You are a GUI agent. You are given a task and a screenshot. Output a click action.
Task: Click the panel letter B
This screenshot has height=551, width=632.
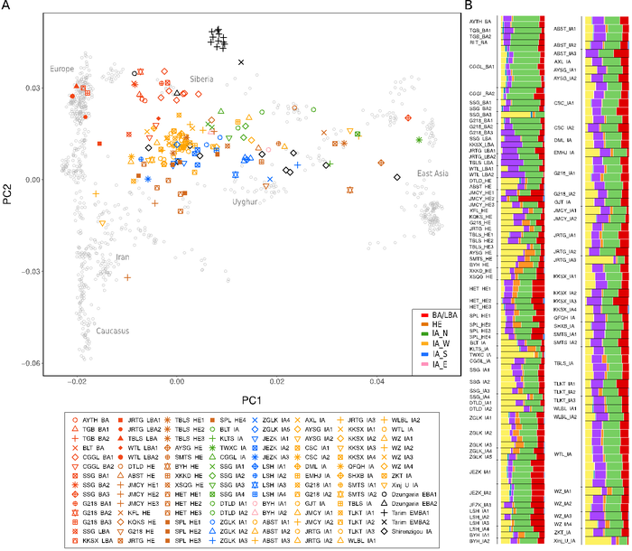tap(469, 7)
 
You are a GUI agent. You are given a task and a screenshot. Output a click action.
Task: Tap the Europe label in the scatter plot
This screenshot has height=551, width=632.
tap(62, 70)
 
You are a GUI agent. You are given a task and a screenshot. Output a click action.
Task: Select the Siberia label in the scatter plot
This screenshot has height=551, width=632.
tap(201, 79)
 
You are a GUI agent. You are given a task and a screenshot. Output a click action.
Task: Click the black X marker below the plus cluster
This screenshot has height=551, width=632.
tap(241, 61)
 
